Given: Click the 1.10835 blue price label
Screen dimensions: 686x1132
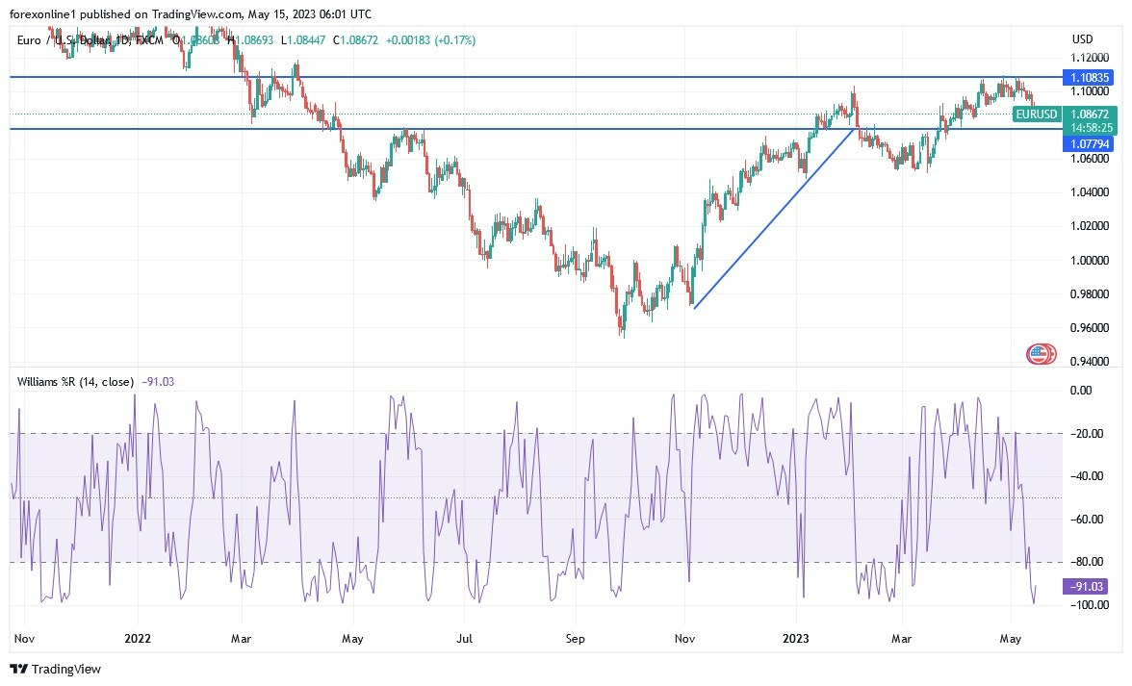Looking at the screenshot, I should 1090,76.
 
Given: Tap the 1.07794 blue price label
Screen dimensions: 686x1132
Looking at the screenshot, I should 1089,143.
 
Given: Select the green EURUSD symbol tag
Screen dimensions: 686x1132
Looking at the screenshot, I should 1037,114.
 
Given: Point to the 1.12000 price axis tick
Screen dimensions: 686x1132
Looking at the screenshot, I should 1091,58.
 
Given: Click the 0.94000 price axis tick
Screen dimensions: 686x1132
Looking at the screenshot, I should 1091,362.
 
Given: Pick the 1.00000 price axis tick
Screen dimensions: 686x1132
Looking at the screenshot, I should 1091,260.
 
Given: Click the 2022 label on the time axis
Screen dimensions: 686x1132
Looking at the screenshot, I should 138,638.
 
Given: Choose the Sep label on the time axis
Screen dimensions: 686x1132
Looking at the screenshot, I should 575,638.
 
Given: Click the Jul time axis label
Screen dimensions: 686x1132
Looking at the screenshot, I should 465,638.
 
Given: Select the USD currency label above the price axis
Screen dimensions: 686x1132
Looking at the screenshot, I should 1083,39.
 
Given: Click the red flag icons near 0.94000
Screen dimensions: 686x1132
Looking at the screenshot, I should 1041,354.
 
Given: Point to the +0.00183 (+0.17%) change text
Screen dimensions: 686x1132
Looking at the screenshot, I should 430,40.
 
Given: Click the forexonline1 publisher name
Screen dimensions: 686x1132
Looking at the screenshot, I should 47,13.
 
